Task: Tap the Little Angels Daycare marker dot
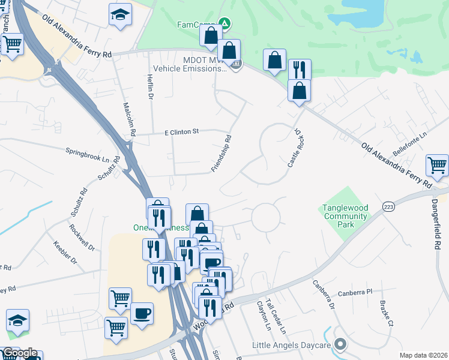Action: [341, 344]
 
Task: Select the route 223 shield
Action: [387, 206]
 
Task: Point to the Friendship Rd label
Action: [221, 154]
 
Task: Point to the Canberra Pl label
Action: [355, 293]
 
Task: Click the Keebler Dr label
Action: [65, 253]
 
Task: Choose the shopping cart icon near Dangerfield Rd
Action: [437, 165]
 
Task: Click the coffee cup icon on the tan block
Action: [142, 313]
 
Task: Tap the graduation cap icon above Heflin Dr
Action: [120, 14]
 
